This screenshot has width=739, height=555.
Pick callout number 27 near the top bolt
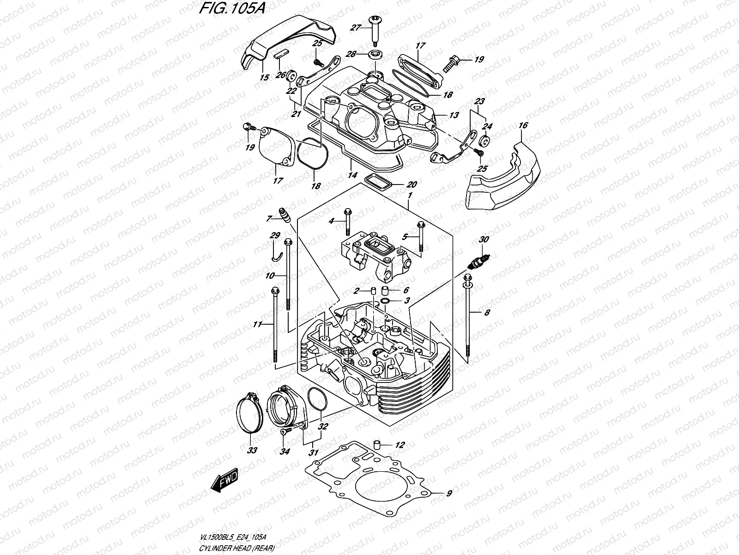[355, 28]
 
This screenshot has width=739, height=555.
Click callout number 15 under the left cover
[264, 78]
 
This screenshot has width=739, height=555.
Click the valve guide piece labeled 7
[285, 215]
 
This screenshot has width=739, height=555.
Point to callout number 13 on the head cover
[454, 115]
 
